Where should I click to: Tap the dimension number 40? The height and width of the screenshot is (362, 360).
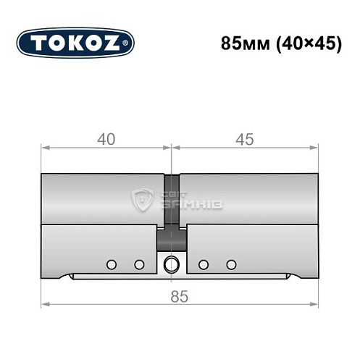tap(106, 140)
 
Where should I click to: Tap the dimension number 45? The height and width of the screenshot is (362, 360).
tap(245, 140)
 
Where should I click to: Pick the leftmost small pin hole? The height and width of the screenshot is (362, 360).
tap(111, 264)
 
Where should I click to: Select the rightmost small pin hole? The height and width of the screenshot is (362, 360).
tap(231, 264)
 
